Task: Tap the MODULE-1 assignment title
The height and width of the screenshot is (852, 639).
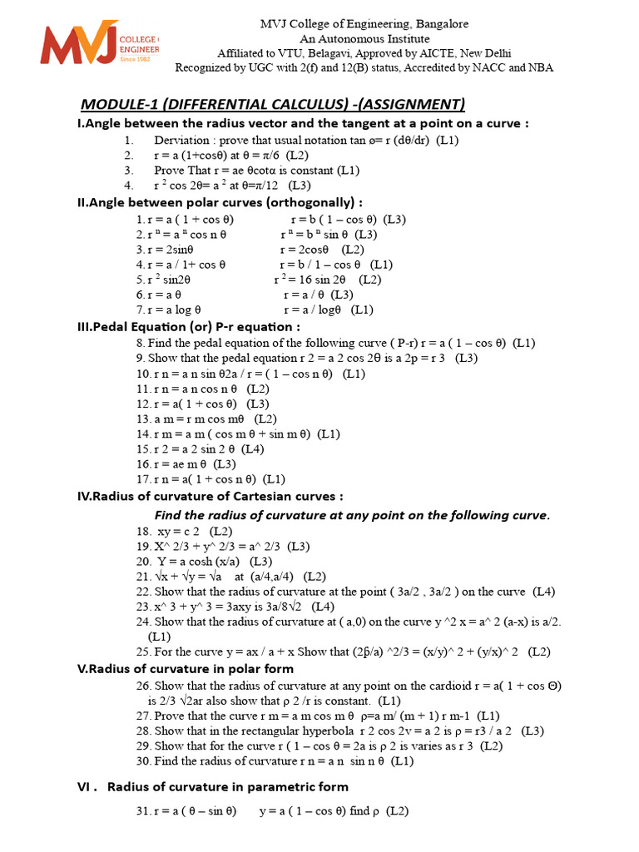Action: (272, 104)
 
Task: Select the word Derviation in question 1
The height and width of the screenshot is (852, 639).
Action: (183, 140)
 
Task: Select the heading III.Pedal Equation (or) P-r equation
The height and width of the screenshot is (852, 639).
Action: (188, 326)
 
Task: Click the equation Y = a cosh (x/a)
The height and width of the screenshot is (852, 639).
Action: (196, 561)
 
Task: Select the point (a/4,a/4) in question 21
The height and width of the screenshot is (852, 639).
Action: (265, 576)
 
